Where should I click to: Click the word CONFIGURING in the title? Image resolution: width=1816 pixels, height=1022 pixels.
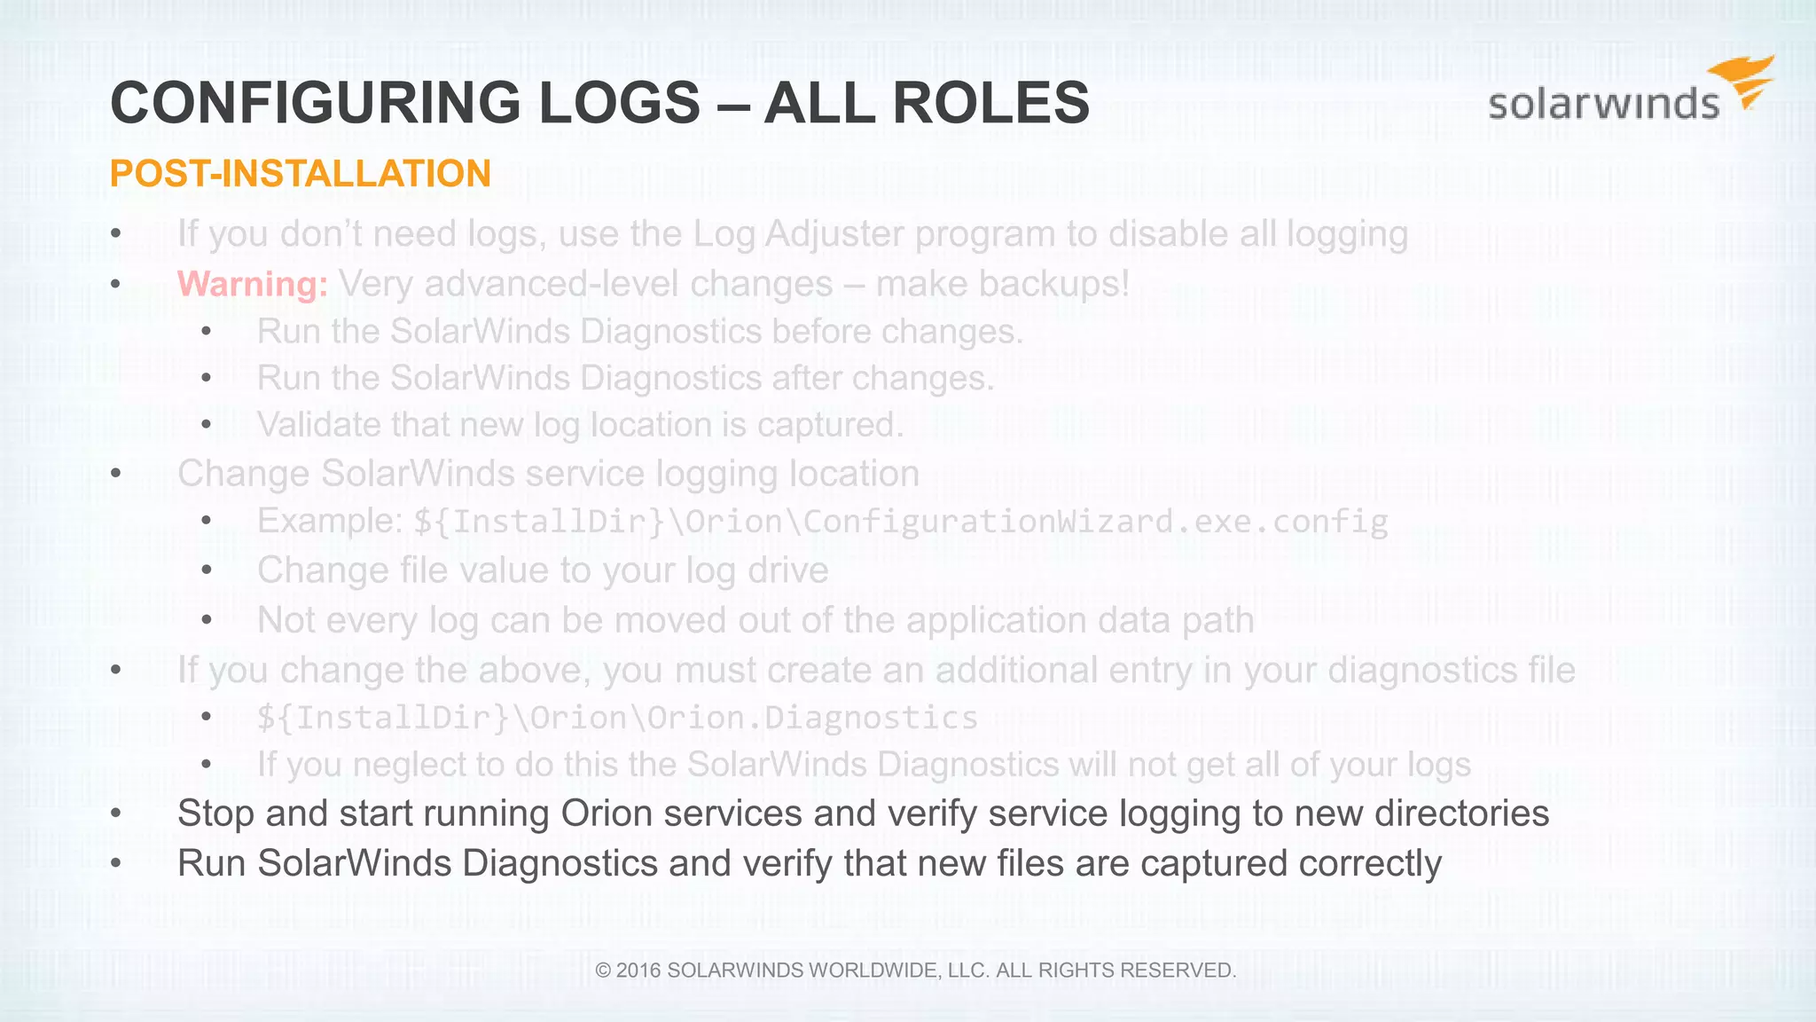(316, 103)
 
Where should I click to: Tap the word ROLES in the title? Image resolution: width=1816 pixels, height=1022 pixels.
(990, 103)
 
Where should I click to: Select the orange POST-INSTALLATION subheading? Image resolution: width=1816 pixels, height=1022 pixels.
(300, 174)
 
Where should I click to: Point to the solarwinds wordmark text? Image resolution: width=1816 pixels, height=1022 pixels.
(1603, 105)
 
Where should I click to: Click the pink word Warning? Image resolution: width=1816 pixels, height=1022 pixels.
(253, 284)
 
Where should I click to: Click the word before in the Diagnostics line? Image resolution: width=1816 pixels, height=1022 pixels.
(820, 332)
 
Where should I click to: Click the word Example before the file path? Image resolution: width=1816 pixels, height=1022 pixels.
(329, 521)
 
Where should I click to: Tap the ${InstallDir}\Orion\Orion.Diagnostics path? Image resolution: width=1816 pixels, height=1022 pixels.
(617, 718)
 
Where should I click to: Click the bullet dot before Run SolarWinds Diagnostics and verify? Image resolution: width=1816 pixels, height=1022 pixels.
(116, 863)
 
